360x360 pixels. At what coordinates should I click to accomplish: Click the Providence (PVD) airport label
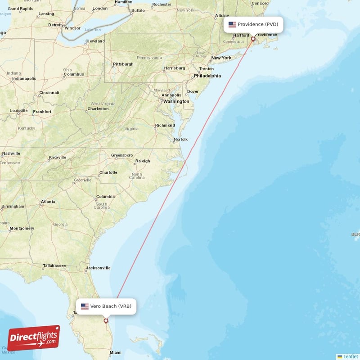[x=254, y=24]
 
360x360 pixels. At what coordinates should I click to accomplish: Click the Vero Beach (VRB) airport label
[x=106, y=306]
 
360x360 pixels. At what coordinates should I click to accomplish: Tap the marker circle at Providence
[x=253, y=39]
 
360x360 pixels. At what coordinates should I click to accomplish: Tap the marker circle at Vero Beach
[x=106, y=321]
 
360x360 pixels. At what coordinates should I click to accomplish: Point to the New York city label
[x=221, y=58]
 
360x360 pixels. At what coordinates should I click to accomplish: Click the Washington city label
[x=176, y=102]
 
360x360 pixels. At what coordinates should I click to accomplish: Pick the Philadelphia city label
[x=207, y=76]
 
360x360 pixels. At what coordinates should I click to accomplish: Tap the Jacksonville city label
[x=98, y=268]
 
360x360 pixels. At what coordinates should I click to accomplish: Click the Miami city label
[x=116, y=352]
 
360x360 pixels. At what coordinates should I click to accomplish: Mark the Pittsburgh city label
[x=123, y=64]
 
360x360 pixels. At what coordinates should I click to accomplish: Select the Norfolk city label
[x=181, y=139]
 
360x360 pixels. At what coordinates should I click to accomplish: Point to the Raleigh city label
[x=143, y=161]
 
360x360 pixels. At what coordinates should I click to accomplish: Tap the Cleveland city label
[x=95, y=41]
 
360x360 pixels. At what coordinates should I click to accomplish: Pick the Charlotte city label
[x=108, y=173]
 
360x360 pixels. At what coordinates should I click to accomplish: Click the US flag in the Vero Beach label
[x=85, y=306]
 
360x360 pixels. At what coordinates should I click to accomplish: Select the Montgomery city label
[x=22, y=229]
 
